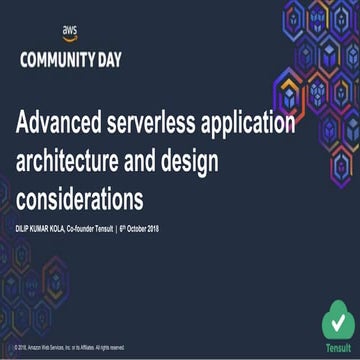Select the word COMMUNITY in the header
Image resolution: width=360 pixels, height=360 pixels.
(53, 59)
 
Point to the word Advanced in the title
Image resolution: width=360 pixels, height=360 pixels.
(66, 124)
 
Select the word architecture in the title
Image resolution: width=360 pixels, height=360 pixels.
(74, 157)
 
